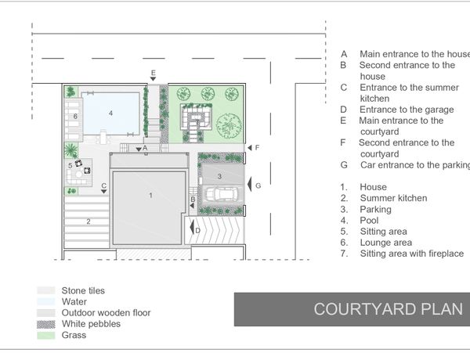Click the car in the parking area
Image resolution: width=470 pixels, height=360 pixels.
[x=223, y=194]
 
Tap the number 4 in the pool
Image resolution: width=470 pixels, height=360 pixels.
[x=110, y=113]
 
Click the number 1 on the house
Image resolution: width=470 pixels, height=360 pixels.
[x=150, y=196]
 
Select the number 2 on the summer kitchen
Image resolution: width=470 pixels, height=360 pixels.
[x=89, y=221]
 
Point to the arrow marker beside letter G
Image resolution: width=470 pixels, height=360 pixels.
[x=249, y=184]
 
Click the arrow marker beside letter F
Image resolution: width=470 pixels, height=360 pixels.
[x=250, y=148]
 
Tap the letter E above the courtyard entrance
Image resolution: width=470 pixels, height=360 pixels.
[x=154, y=73]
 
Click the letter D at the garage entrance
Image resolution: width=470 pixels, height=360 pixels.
[x=198, y=231]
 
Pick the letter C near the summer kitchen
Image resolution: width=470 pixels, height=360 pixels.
[x=103, y=185]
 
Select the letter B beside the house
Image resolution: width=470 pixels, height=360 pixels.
[x=193, y=199]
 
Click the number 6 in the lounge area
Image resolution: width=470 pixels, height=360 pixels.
[x=75, y=116]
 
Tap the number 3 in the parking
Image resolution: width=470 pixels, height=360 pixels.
[x=219, y=176]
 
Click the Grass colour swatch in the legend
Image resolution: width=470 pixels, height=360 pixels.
[x=46, y=335]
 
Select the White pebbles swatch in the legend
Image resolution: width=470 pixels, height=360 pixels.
[x=46, y=324]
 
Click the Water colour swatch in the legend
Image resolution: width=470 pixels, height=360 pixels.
[x=46, y=301]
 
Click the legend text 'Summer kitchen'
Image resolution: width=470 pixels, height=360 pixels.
[x=393, y=198]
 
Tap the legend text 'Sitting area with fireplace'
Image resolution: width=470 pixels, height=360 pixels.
[x=412, y=254]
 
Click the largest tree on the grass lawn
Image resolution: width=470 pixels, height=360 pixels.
[x=229, y=125]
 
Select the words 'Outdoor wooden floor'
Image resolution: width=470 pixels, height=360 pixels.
[x=106, y=313]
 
